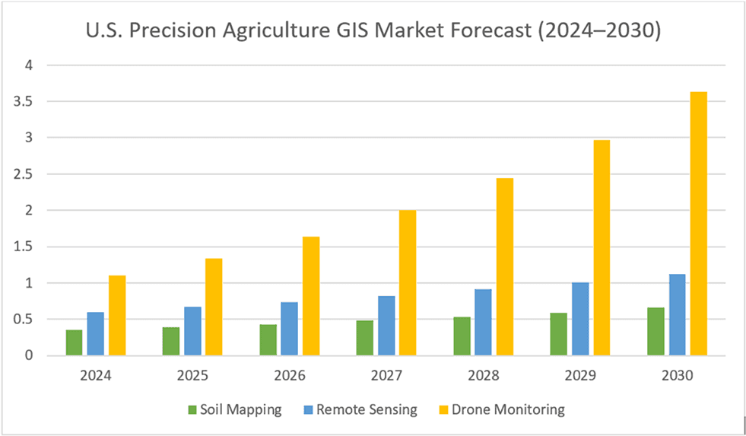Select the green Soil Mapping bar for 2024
(x=75, y=342)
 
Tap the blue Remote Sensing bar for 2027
(x=386, y=326)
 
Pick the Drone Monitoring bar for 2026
(x=311, y=296)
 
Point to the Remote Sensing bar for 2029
(x=580, y=319)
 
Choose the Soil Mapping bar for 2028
(x=462, y=336)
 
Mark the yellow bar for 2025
(x=214, y=307)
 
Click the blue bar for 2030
(x=677, y=314)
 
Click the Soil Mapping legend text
(x=241, y=409)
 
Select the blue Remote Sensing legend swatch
(x=309, y=409)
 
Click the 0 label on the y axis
(x=30, y=355)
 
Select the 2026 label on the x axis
(x=289, y=376)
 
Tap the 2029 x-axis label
(x=580, y=376)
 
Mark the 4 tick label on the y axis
(x=30, y=65)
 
